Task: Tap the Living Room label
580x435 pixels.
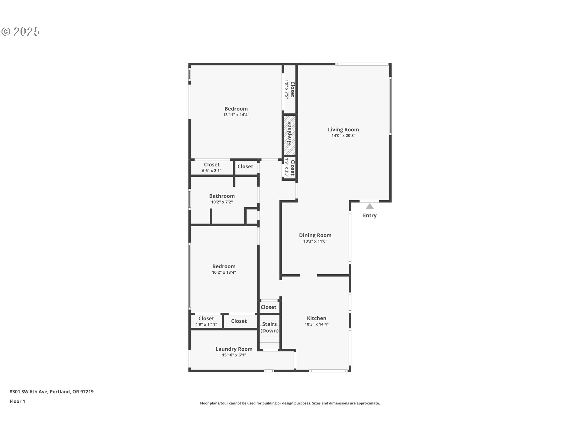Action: click(343, 130)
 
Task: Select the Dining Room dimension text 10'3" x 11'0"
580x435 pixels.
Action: click(315, 241)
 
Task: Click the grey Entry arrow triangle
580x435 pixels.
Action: click(370, 206)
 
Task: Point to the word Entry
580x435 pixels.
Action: click(370, 215)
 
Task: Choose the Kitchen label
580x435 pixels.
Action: click(317, 318)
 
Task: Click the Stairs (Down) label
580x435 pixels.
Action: click(269, 327)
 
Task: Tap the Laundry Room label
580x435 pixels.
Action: click(234, 349)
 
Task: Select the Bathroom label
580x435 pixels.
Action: click(222, 196)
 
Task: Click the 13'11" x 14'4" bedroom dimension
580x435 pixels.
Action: click(236, 115)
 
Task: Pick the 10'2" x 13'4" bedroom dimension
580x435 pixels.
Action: click(224, 272)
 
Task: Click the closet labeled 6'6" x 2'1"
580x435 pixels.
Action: click(212, 167)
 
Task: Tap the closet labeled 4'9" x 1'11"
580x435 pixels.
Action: click(206, 321)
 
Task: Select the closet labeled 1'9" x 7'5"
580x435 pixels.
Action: click(290, 89)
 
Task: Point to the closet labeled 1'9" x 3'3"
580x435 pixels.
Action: click(290, 168)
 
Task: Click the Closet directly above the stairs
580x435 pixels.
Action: click(269, 307)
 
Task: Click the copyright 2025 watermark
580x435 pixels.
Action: click(21, 31)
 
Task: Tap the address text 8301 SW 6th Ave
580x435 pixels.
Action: click(29, 391)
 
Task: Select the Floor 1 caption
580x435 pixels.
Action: click(18, 401)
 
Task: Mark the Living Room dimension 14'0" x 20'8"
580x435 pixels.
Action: click(343, 136)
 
